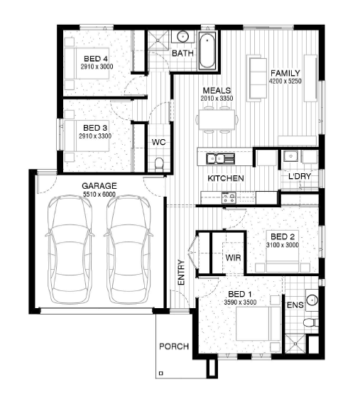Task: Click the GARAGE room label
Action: [x=99, y=186]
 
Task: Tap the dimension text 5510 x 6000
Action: [x=99, y=195]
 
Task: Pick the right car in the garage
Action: [x=129, y=249]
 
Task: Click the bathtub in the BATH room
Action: [x=207, y=50]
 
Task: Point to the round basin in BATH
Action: [x=182, y=37]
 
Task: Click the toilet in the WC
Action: [x=159, y=164]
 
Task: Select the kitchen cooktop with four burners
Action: [x=229, y=197]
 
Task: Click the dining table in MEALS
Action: [x=217, y=119]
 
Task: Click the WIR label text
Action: [x=233, y=258]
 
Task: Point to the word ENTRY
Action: [x=181, y=273]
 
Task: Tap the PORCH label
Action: [x=174, y=346]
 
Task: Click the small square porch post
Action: [x=160, y=373]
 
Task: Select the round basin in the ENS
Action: [x=312, y=300]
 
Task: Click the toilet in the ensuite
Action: [x=310, y=322]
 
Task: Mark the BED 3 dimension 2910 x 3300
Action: [x=95, y=136]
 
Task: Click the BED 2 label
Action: [x=283, y=236]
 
